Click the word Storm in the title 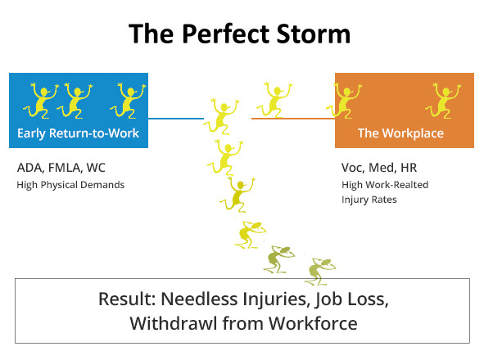coord(314,34)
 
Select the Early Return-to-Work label coord(78,133)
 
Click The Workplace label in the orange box coord(400,133)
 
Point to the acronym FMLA coord(66,168)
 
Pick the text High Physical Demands coord(70,185)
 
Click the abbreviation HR coord(409,168)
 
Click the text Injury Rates coord(369,200)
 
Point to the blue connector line coord(176,119)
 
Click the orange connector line coord(293,119)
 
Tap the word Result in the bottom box coord(127,299)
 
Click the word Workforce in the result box coord(313,323)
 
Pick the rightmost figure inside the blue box coord(128,101)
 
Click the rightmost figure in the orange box coord(443,101)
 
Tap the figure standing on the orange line coord(274,100)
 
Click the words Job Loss coord(351,299)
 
